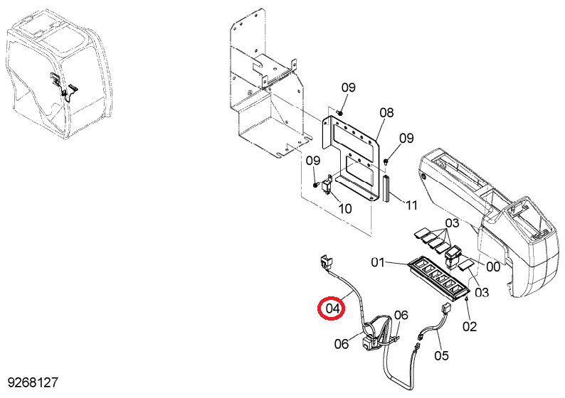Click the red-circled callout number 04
click(x=332, y=308)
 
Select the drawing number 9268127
click(x=33, y=383)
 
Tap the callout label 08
click(x=386, y=113)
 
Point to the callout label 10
click(x=345, y=209)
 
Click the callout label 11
click(x=411, y=205)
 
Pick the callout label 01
click(x=378, y=263)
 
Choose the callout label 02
click(x=470, y=326)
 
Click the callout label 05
click(x=441, y=355)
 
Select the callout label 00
click(x=493, y=267)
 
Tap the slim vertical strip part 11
click(x=386, y=188)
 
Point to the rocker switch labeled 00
click(x=453, y=257)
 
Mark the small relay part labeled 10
click(x=328, y=184)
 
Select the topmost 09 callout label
click(x=349, y=87)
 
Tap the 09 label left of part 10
click(x=313, y=161)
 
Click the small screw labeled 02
click(x=467, y=298)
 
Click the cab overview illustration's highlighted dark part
click(x=63, y=85)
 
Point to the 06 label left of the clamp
click(x=342, y=344)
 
